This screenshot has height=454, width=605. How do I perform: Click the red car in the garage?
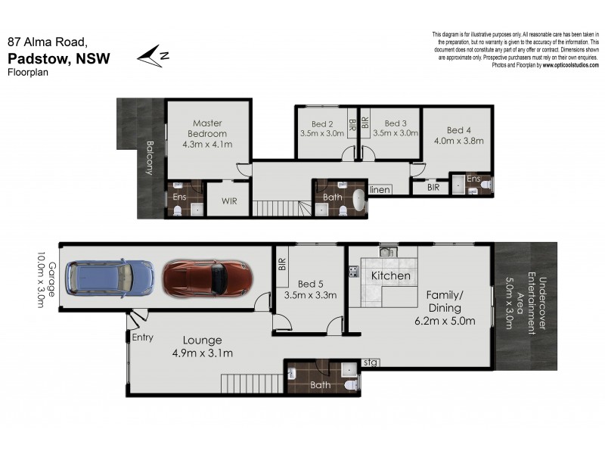[206, 278]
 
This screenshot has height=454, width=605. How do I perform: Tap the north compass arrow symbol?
[152, 55]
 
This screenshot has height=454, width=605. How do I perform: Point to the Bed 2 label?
[321, 124]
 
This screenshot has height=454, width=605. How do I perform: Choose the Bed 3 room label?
[396, 124]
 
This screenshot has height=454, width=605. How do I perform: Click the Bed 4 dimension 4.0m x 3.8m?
[458, 140]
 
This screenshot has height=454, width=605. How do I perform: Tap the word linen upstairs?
[380, 190]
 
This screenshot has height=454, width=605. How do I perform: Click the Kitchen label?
[390, 275]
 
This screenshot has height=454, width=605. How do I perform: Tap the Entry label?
[142, 337]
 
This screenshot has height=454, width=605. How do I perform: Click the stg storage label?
[371, 362]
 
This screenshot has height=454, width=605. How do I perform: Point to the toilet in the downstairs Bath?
[349, 385]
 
